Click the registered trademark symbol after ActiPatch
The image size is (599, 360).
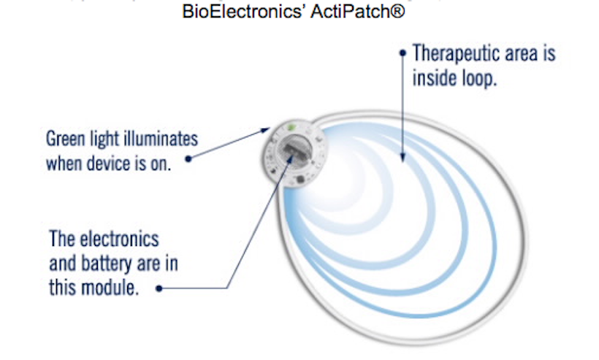coord(397,11)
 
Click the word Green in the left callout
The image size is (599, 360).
coord(65,139)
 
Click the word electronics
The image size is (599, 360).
coord(118,240)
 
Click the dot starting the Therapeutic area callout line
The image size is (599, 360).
coord(402,53)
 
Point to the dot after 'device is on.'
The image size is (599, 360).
coord(188,158)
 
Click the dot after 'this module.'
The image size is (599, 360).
coord(159,288)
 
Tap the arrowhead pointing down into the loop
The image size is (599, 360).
coord(402,157)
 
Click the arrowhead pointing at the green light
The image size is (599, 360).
coord(265,131)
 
